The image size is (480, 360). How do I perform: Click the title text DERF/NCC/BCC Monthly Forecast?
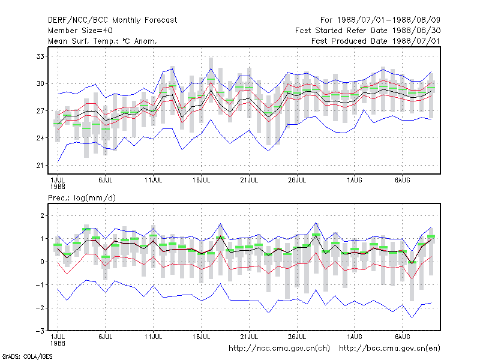pos(112,20)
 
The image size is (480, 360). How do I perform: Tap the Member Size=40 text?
pos(80,31)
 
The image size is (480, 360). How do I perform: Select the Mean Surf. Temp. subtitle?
pos(103,41)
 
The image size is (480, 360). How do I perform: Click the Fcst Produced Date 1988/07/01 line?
pos(376,41)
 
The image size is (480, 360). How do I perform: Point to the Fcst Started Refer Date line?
pos(368,31)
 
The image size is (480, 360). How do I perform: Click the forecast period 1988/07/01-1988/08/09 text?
pos(380,20)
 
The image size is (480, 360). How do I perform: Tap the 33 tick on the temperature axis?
pos(40,56)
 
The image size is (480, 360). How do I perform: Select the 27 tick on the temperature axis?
pos(40,111)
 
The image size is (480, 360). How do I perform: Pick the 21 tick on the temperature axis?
pos(40,166)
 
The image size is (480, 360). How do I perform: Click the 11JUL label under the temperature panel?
pos(153,181)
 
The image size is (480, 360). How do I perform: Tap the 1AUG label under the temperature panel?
pos(355,181)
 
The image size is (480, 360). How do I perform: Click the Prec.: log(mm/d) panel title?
pos(82,198)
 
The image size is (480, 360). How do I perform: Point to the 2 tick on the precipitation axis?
pos(42,215)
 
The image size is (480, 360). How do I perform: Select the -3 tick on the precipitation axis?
pos(40,331)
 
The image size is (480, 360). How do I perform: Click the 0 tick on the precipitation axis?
pos(42,262)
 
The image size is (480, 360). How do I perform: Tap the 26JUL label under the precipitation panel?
pos(297,337)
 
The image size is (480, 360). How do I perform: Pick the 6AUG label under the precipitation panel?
pos(402,337)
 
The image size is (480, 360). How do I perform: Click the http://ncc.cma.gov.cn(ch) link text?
pos(279,349)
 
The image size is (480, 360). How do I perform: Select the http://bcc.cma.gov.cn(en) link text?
pos(389,349)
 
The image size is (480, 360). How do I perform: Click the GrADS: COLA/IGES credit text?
pos(27,356)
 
